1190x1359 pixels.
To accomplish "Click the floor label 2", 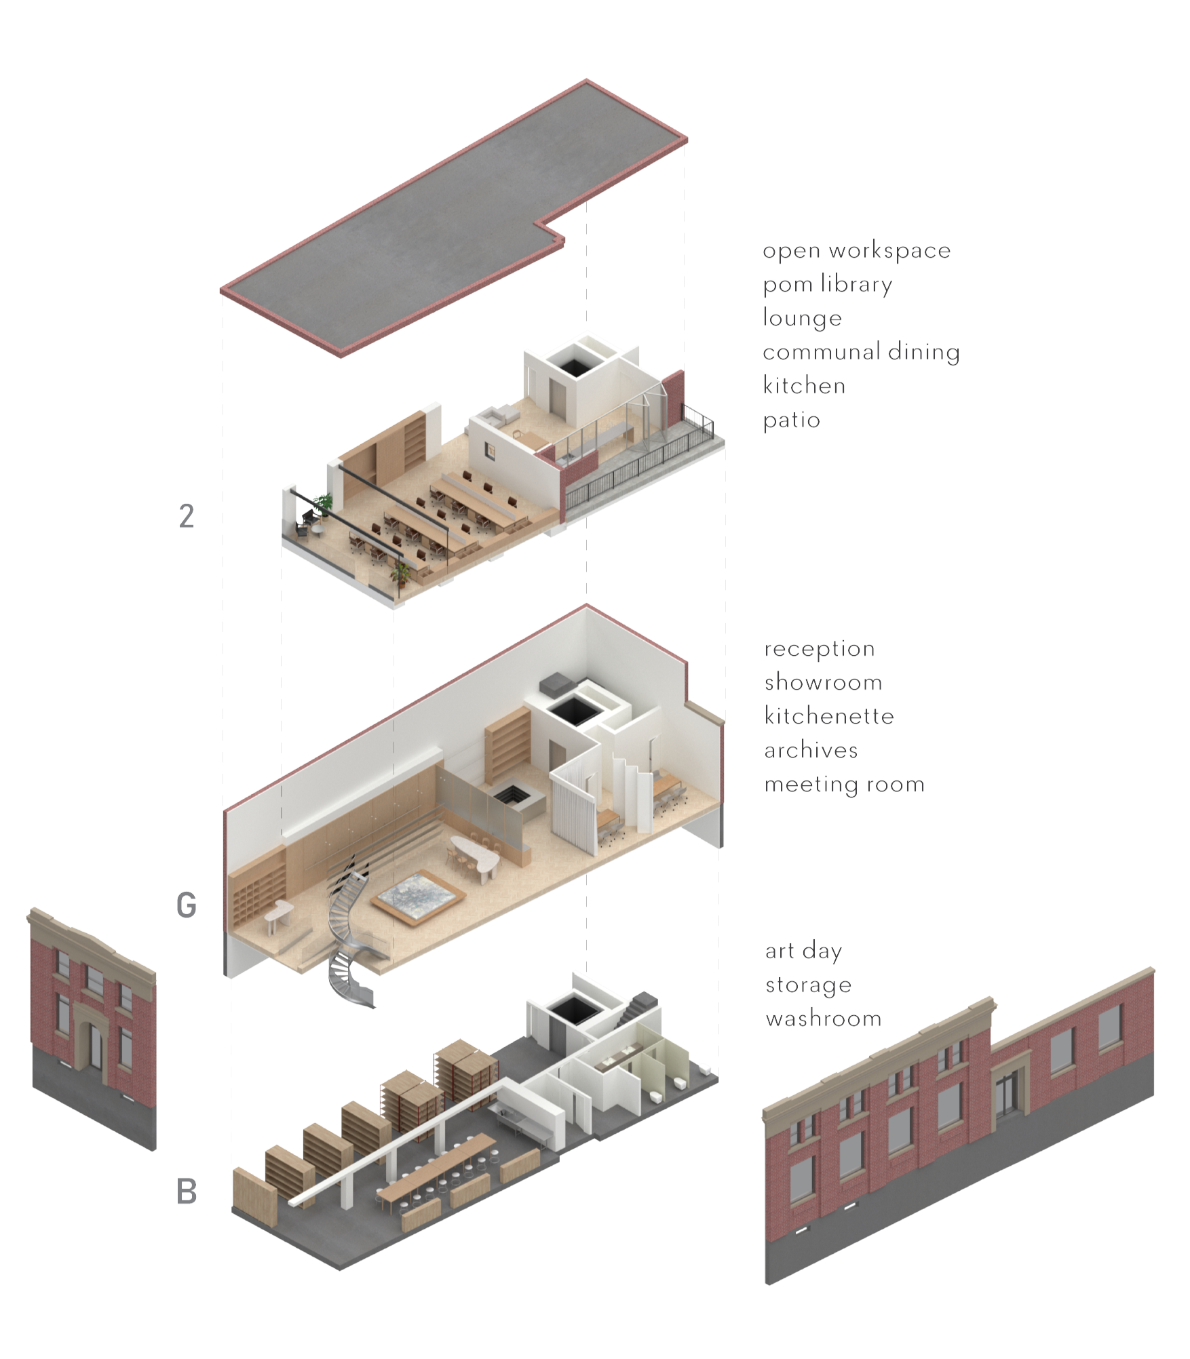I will pos(187,517).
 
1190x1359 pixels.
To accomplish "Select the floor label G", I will pos(187,905).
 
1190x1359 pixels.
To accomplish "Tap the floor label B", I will pos(187,1191).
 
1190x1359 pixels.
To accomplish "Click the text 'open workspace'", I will pos(856,251).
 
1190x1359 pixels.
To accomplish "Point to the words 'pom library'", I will pos(827,285).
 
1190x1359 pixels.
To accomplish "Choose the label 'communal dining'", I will pos(861,352).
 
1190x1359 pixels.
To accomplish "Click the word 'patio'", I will pos(791,420).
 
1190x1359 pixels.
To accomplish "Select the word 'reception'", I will pos(820,649).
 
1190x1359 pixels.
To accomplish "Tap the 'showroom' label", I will pos(823,682).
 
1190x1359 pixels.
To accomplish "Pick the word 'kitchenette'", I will pos(829,716).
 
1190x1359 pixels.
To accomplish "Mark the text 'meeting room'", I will pos(844,785).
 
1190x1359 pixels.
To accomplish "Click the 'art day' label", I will pos(803,951).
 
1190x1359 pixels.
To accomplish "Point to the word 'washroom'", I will pos(823,1019).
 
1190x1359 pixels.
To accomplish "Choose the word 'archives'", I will pos(811,750).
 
